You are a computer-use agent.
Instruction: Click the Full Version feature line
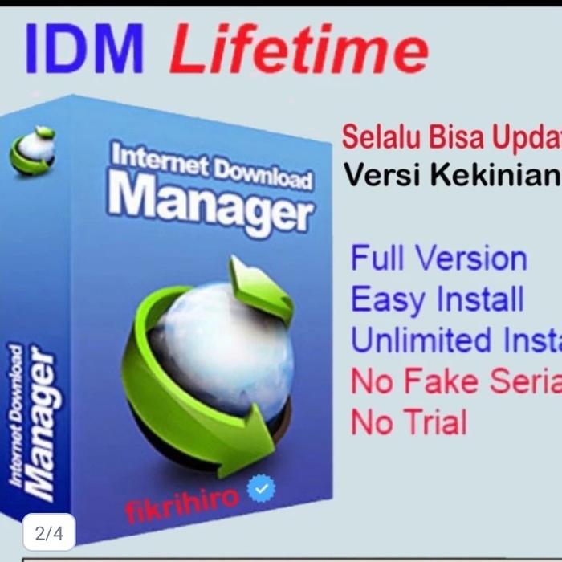tap(438, 259)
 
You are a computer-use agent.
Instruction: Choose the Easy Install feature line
tap(437, 299)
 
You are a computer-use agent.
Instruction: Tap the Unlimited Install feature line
tap(455, 340)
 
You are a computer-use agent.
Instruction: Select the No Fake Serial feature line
tap(455, 381)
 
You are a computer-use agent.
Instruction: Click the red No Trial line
tap(408, 421)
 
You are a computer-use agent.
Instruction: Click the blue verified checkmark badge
tap(262, 488)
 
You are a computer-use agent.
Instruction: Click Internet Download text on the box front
tap(210, 165)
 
